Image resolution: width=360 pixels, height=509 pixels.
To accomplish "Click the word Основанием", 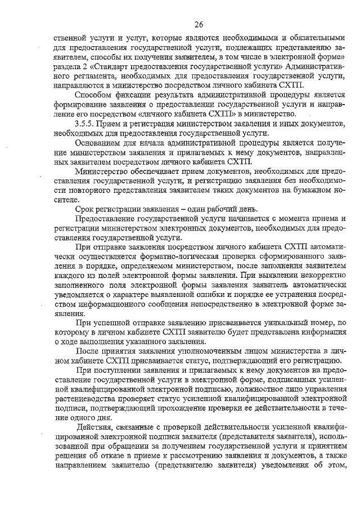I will pos(98,142).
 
